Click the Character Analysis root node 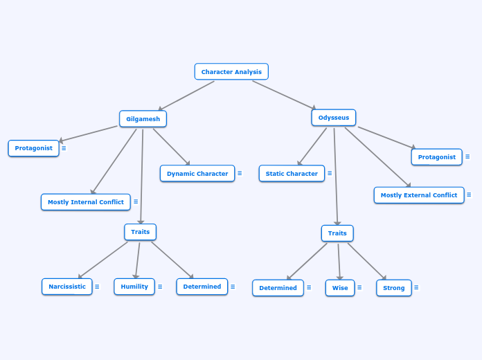231,72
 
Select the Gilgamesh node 143,119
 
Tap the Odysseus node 334,118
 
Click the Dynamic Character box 197,174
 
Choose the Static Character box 292,174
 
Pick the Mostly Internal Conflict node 86,202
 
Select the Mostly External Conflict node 419,195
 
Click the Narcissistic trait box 67,287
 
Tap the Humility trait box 134,287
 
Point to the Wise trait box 340,288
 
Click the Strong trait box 394,288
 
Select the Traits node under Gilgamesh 141,232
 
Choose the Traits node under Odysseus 337,233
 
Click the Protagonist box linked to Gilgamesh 34,148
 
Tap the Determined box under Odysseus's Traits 278,288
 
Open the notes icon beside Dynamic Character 240,174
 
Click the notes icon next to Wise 359,287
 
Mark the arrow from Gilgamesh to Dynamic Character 171,147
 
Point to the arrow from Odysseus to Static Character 312,146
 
